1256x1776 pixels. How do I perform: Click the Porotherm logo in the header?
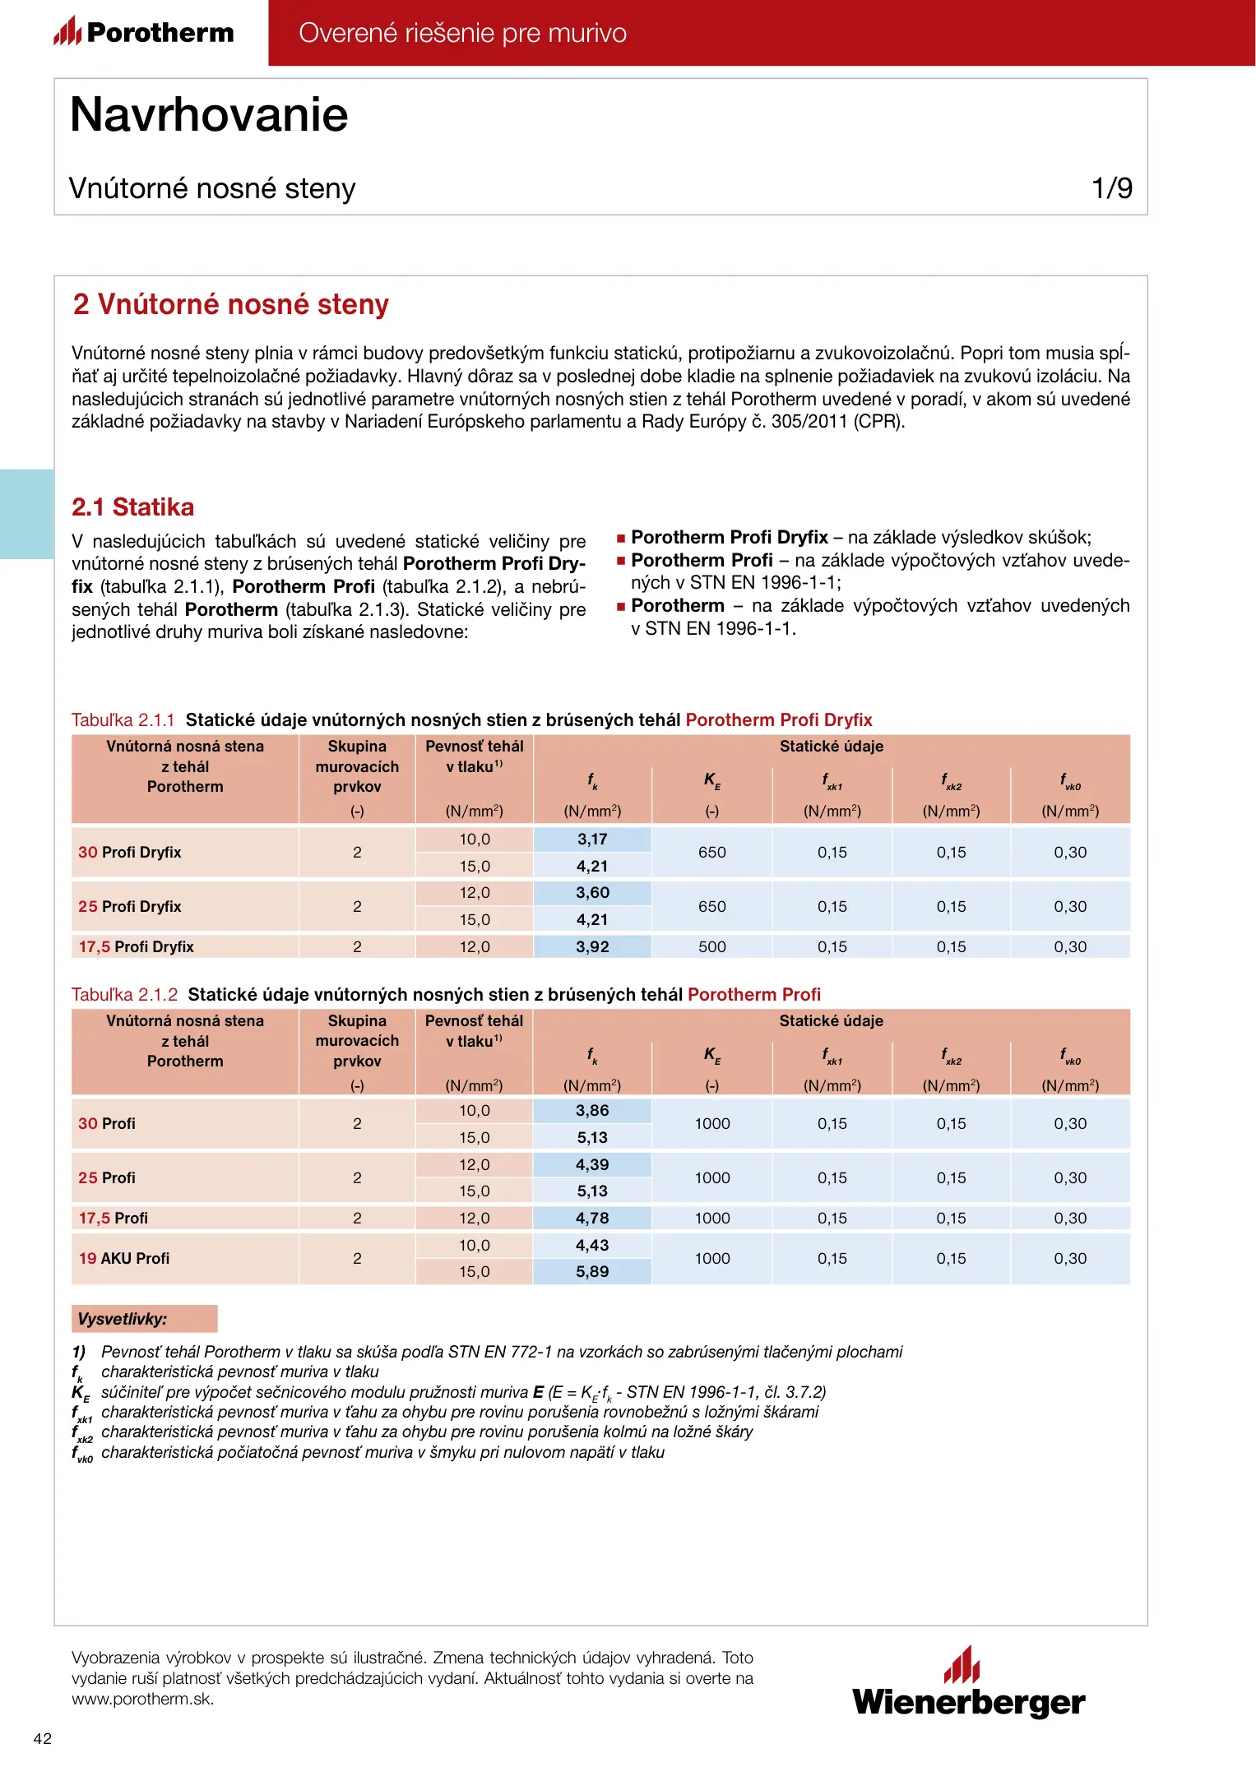point(144,32)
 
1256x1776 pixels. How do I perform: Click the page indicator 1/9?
point(1111,188)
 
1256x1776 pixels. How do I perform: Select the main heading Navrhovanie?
point(209,114)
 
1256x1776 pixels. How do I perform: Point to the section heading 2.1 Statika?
point(133,506)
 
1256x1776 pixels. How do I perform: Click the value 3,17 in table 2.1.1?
point(592,839)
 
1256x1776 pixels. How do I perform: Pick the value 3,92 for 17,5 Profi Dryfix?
point(592,946)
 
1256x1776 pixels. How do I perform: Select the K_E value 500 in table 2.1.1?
point(711,946)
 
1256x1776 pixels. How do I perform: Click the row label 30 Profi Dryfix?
point(130,853)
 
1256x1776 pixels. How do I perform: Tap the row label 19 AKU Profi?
point(124,1258)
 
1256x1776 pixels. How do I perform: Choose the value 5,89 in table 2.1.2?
point(592,1271)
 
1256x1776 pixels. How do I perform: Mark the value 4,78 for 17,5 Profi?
point(592,1218)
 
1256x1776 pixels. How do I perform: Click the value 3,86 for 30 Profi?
point(592,1111)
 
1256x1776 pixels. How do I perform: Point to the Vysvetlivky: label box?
point(145,1319)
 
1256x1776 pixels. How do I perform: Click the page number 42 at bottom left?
point(42,1738)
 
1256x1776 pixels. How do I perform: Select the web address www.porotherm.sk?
point(143,1699)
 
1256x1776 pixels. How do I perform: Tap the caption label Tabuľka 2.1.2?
point(124,995)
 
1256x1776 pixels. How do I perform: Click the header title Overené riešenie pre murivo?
point(462,33)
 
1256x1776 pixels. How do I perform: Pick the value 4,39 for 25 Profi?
point(592,1164)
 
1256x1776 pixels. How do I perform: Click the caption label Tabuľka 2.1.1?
point(123,720)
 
